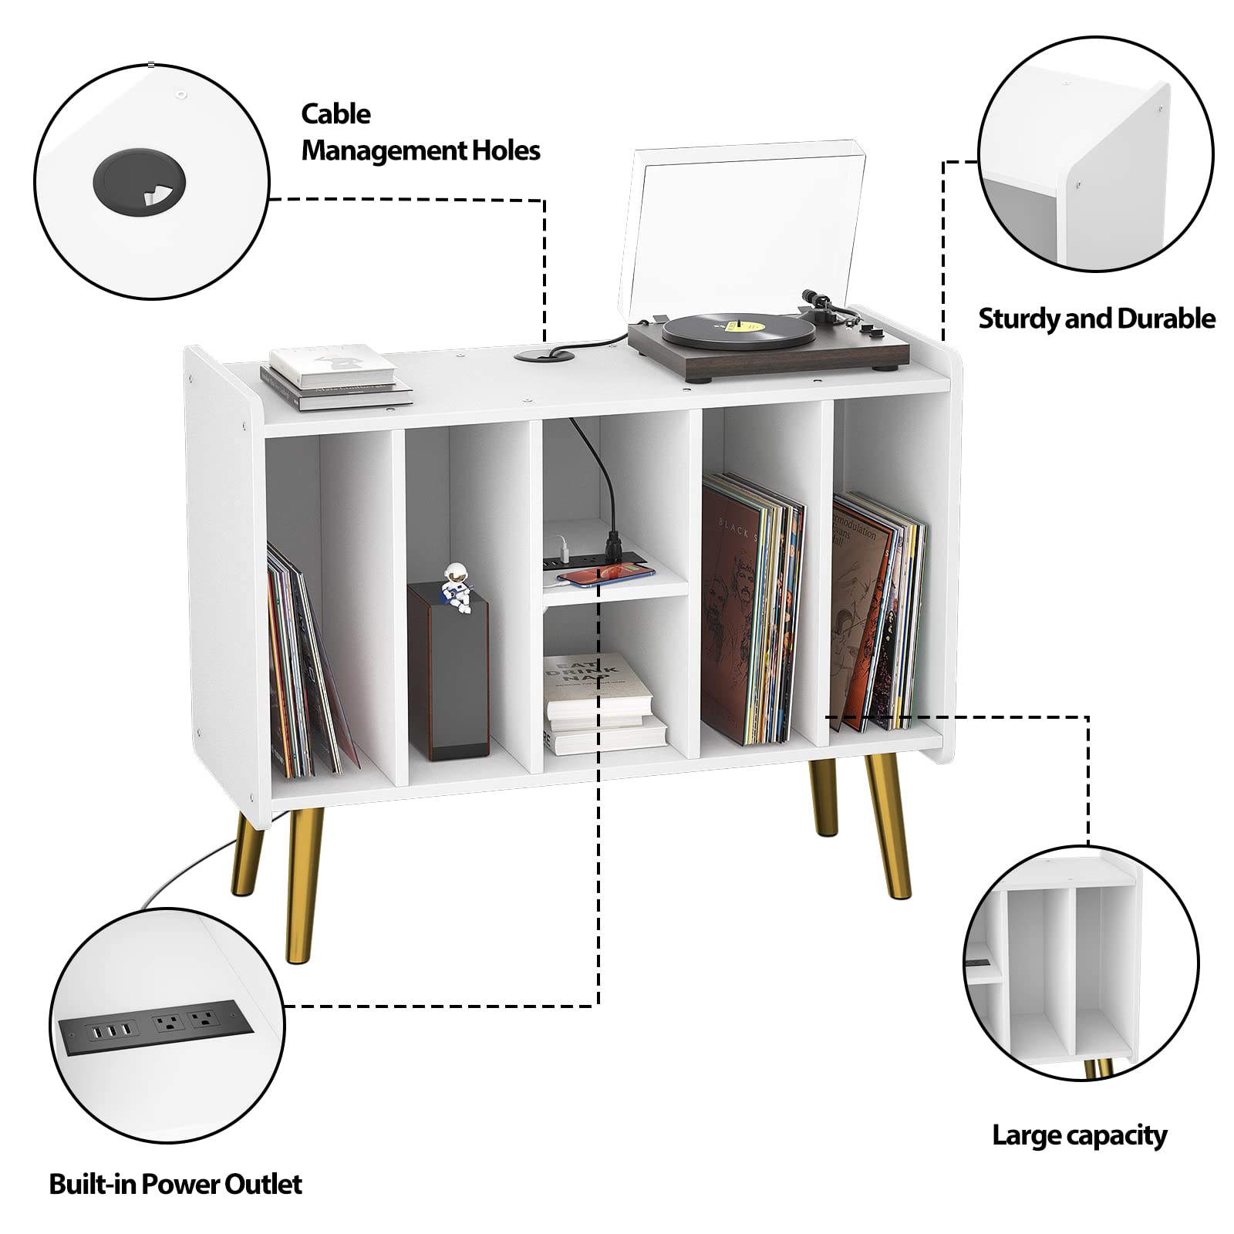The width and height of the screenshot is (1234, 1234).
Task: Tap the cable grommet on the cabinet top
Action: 544,356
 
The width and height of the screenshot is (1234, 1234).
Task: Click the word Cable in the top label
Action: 335,114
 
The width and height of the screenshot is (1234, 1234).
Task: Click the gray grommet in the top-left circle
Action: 139,185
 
